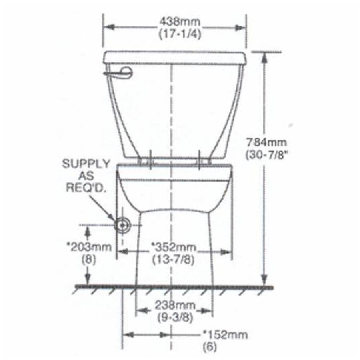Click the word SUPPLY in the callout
click(86, 164)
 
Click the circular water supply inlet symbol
click(122, 225)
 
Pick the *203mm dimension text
click(89, 247)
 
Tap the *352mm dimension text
click(173, 247)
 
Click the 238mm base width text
click(174, 306)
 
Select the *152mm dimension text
click(226, 334)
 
